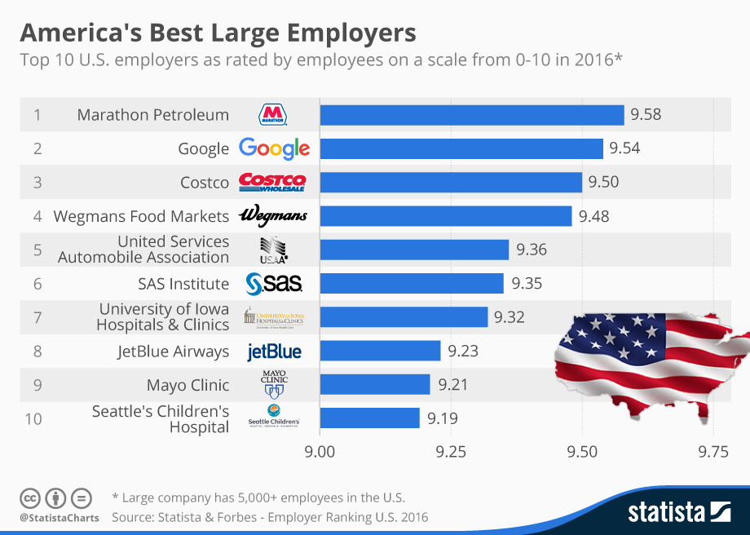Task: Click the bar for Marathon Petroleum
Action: (x=471, y=115)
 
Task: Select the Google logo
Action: (x=274, y=148)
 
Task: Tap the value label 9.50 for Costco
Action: (x=603, y=182)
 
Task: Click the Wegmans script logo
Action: (x=272, y=216)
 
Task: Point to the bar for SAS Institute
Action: (x=412, y=284)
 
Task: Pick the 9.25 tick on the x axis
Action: (x=450, y=451)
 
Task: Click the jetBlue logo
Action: (x=274, y=352)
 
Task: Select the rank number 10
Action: (x=33, y=418)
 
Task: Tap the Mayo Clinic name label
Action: (x=187, y=385)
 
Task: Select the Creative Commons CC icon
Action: (x=30, y=497)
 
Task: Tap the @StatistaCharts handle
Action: (x=59, y=517)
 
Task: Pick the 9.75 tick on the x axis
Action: (x=712, y=451)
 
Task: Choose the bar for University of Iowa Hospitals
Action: (x=404, y=317)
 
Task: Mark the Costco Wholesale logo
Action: (x=272, y=182)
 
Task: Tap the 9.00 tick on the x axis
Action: (x=320, y=451)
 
